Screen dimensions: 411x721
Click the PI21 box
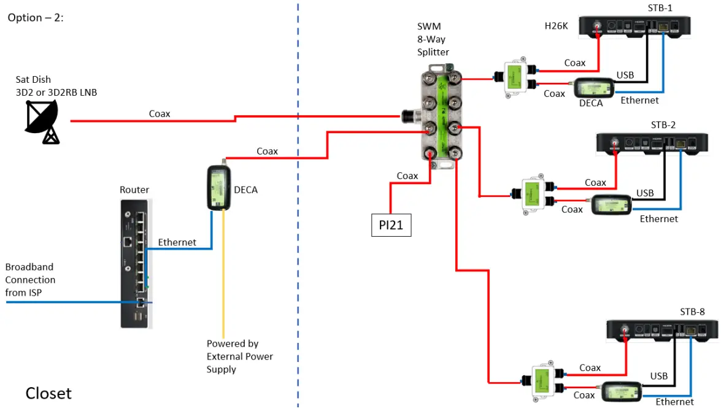391,225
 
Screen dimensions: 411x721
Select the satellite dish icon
42,121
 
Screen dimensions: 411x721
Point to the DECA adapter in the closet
218,186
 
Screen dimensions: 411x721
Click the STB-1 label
660,8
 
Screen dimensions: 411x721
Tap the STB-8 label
692,312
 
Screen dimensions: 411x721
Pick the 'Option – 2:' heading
36,18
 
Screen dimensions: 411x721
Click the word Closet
48,393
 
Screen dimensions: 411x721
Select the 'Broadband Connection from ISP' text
31,280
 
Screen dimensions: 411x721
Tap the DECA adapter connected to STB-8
624,391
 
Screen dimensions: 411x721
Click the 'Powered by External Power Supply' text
239,356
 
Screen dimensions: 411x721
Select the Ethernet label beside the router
177,242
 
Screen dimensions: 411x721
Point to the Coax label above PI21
407,176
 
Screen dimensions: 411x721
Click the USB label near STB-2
645,193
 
